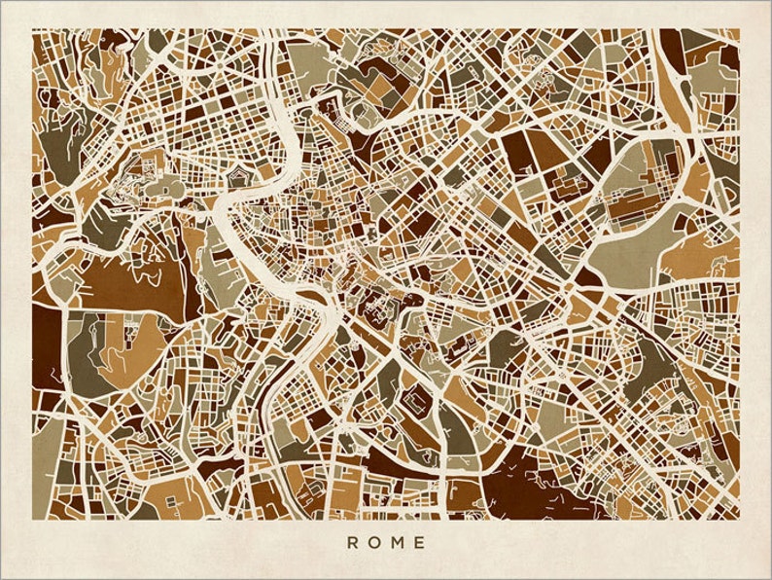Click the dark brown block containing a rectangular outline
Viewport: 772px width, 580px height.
418,399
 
